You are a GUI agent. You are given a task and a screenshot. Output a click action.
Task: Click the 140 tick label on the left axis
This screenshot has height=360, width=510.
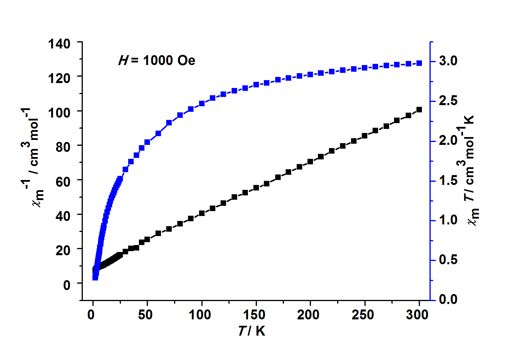(x=59, y=44)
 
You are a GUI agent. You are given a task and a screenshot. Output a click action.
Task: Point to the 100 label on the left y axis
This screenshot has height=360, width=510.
(x=59, y=113)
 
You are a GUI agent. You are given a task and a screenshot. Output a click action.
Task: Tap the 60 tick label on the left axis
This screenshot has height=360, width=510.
(x=63, y=182)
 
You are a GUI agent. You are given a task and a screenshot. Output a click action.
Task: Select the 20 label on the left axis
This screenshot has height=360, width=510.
(x=63, y=250)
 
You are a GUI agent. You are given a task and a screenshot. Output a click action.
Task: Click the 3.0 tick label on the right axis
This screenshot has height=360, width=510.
(x=448, y=61)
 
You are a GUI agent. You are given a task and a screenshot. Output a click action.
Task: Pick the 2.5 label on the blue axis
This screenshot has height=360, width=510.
(x=448, y=101)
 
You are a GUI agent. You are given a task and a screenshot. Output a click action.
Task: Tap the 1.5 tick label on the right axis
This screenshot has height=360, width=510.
(x=448, y=181)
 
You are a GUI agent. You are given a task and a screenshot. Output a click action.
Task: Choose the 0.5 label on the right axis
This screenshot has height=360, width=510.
(x=448, y=260)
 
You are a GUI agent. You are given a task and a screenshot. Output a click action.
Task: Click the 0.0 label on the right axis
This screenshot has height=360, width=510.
(x=448, y=299)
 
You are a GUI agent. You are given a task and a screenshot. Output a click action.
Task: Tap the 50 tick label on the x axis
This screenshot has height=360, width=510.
(x=145, y=315)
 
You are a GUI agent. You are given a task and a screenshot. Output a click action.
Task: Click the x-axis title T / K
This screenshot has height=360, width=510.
(x=252, y=331)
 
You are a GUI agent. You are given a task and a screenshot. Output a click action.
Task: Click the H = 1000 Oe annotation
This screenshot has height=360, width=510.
(x=157, y=60)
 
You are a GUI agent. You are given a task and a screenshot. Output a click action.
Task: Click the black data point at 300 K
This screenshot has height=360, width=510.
(x=419, y=110)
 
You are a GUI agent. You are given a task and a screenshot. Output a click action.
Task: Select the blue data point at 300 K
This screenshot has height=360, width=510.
(x=419, y=63)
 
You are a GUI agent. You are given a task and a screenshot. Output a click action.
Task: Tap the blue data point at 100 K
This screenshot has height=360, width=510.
(x=202, y=104)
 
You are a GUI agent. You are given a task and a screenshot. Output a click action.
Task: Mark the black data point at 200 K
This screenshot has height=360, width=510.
(x=310, y=161)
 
